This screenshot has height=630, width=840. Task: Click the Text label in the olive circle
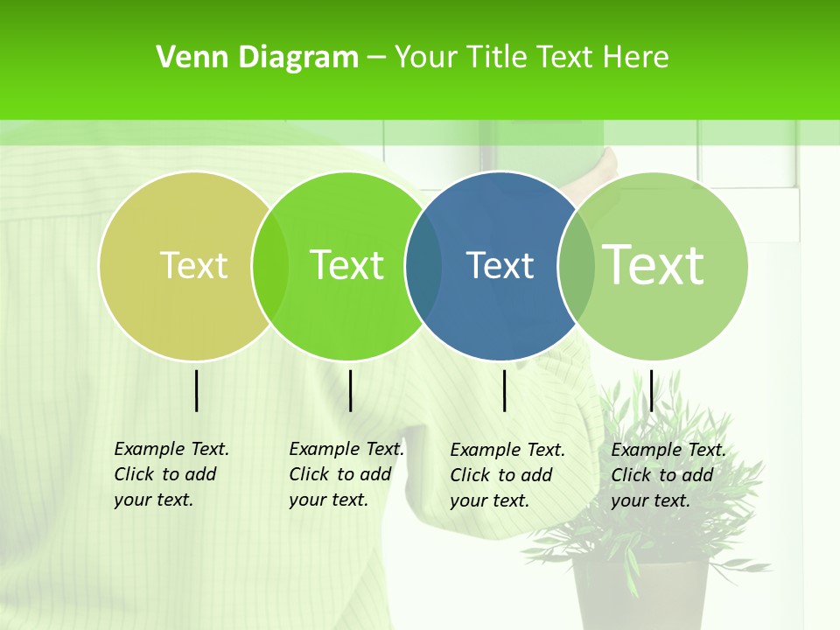click(x=193, y=265)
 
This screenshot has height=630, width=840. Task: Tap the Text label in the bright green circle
click(x=346, y=265)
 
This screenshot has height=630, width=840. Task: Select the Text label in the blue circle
click(x=500, y=265)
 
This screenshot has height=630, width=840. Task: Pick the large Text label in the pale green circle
click(x=653, y=264)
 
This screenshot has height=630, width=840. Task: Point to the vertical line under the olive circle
click(x=196, y=390)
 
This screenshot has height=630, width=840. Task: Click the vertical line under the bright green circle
click(x=350, y=390)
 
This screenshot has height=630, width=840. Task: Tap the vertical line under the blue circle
click(x=504, y=390)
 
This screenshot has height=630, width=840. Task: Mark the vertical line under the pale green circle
click(x=651, y=390)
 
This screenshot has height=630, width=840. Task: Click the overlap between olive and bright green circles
click(x=270, y=265)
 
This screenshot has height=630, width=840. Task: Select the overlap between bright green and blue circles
click(x=423, y=265)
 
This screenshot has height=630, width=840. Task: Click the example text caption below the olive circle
click(x=171, y=474)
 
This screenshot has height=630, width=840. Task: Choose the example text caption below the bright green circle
click(x=346, y=474)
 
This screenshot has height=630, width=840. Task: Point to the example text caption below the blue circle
click(x=507, y=475)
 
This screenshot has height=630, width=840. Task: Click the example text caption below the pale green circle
click(x=668, y=475)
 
